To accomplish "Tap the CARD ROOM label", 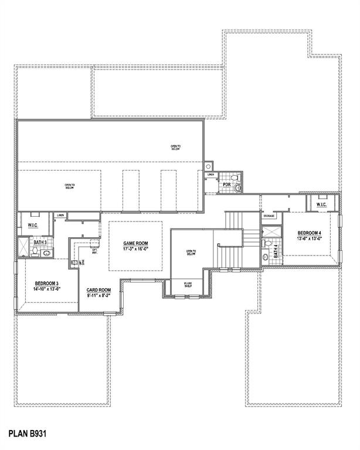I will (x=99, y=290).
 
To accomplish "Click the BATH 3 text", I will (x=40, y=242).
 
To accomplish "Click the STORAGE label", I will (x=269, y=216).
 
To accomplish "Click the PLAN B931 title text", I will (x=27, y=434).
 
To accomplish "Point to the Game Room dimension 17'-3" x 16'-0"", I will (x=135, y=249).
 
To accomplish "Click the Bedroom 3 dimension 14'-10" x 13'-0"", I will (x=47, y=289).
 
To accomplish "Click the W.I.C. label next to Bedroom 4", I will (x=321, y=205).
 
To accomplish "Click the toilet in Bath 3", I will (x=35, y=252).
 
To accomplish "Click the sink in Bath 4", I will (x=265, y=256).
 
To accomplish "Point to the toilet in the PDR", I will (x=237, y=187).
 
